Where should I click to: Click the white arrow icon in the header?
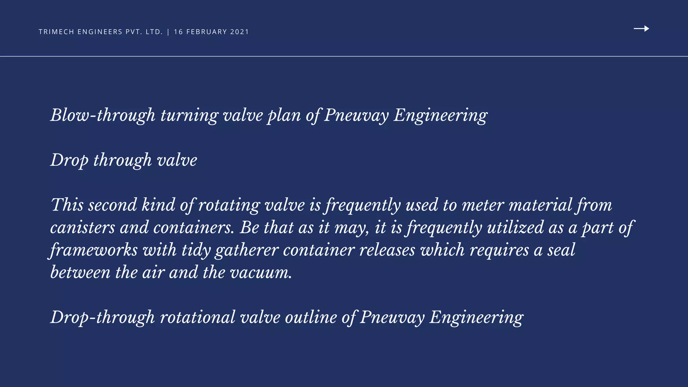click(641, 29)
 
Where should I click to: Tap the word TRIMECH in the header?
click(56, 32)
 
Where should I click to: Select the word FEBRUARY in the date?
click(207, 32)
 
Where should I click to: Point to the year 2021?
click(240, 32)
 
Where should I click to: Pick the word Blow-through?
click(103, 115)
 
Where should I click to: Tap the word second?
click(113, 205)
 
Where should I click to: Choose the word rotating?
click(229, 205)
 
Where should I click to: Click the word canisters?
click(83, 227)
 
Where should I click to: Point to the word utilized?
click(515, 227)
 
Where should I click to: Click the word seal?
click(561, 250)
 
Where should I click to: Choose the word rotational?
click(198, 317)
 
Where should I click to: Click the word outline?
click(311, 317)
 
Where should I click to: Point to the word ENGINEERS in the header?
click(100, 32)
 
